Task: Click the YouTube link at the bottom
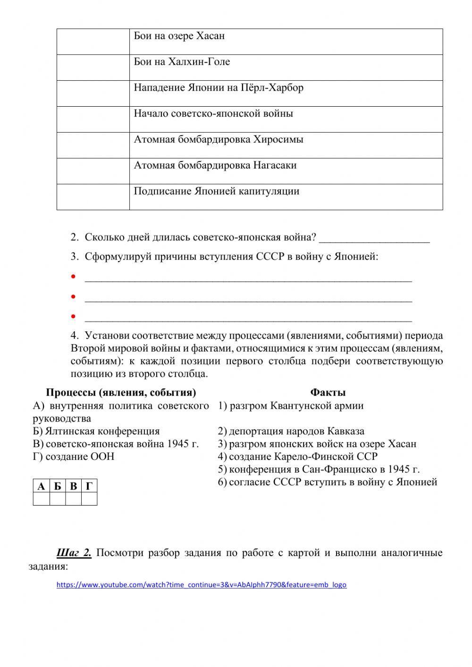(x=201, y=584)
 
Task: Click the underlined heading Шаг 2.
(x=74, y=553)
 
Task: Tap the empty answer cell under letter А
(x=42, y=499)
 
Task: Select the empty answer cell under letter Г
(x=89, y=499)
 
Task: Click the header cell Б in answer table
(x=58, y=486)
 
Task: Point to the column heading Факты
(x=328, y=392)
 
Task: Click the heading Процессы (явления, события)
(x=121, y=392)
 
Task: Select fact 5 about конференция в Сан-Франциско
(x=319, y=469)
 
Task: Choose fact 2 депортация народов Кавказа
(x=291, y=431)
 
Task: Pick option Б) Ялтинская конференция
(x=96, y=431)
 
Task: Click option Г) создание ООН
(x=74, y=456)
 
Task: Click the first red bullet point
(x=73, y=277)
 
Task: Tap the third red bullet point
(x=73, y=316)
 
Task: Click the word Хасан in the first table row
(x=210, y=36)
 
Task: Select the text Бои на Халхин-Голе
(x=182, y=62)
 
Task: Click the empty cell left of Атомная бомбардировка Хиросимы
(x=93, y=145)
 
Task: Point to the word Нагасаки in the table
(x=275, y=165)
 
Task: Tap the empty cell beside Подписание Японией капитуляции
(x=93, y=196)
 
